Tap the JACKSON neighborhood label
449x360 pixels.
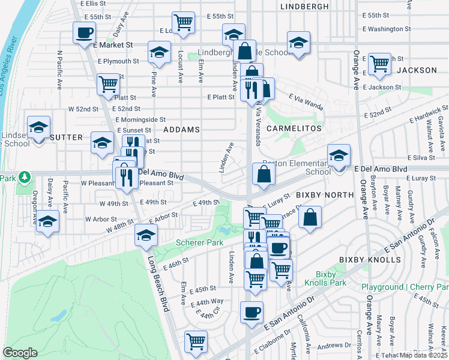(x=417, y=70)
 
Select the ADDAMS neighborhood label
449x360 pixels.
(x=181, y=129)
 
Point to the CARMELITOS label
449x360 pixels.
(x=294, y=129)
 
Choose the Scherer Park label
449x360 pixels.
(x=200, y=242)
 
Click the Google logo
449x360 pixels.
(x=20, y=353)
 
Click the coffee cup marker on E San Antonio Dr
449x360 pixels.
(x=252, y=311)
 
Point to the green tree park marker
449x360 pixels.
(x=23, y=178)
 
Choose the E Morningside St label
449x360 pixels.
(x=140, y=119)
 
